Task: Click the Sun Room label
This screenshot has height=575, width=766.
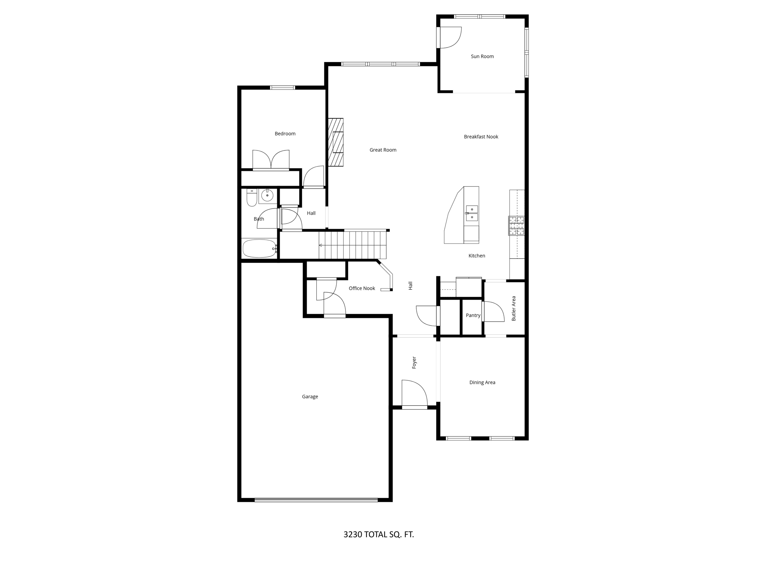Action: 482,57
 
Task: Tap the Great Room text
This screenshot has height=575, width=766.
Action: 383,150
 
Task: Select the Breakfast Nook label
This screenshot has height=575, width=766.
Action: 481,137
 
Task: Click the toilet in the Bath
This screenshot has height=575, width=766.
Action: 252,198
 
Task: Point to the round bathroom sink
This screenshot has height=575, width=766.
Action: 267,195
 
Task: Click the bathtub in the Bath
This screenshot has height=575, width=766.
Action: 259,249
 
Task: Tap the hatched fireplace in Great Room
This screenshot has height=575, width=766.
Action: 335,142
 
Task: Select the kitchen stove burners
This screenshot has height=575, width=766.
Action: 516,226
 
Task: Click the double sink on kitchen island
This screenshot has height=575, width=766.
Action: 472,213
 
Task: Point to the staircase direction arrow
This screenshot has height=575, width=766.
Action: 321,245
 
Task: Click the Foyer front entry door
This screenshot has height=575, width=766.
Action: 414,394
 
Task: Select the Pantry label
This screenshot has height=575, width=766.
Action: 473,316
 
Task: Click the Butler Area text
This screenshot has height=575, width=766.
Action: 514,308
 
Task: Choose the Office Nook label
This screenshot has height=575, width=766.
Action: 362,289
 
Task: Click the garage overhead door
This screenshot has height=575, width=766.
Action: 316,500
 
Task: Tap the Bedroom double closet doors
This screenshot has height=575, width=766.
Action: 271,160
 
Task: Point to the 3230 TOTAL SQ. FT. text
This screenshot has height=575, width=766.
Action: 379,535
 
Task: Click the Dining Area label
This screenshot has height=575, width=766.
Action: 482,383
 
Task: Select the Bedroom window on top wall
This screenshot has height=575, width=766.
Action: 282,88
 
